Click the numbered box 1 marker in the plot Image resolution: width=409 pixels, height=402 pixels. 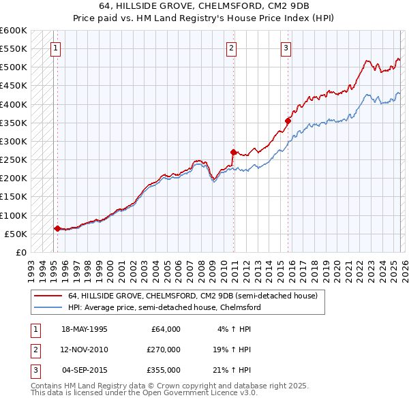(55, 48)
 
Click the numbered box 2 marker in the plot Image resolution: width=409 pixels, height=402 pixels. (232, 48)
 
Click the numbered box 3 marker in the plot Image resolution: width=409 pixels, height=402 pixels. (286, 48)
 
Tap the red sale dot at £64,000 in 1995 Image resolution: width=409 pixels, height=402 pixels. (57, 228)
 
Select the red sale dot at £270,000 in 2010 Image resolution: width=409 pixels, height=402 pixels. (233, 152)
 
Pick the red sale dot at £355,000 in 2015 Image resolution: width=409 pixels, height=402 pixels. (288, 121)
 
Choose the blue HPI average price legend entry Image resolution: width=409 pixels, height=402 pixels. (164, 307)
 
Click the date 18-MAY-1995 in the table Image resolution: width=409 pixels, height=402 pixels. (85, 329)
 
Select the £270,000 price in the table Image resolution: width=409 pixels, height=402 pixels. (163, 350)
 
